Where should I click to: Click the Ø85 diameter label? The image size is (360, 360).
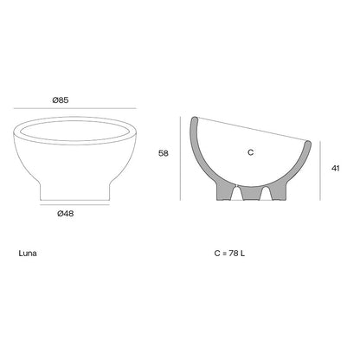[61, 100]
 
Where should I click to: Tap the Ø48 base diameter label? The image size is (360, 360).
[66, 214]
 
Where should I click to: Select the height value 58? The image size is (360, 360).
[164, 153]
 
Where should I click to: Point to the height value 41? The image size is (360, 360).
[336, 168]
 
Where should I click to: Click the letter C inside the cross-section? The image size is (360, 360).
[251, 152]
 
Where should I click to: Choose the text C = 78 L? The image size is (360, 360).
[229, 254]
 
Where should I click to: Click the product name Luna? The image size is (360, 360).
[28, 254]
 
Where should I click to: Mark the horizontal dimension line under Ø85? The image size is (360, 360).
[75, 108]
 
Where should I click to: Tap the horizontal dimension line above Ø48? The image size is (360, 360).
[74, 205]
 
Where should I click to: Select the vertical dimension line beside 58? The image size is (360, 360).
[180, 158]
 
